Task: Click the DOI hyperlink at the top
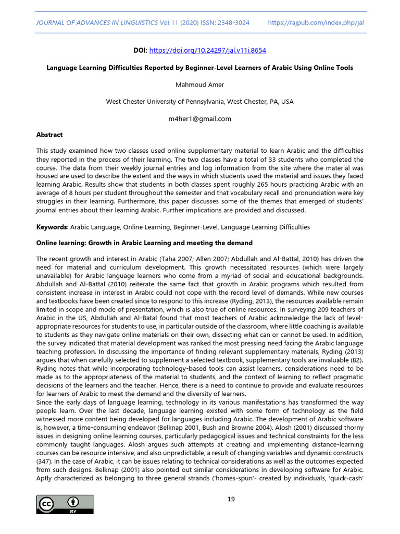(x=208, y=51)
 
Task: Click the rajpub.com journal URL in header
(x=316, y=23)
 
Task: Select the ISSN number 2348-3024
(x=232, y=23)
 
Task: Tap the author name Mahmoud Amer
(x=199, y=84)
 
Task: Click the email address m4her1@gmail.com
(x=199, y=118)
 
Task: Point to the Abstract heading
(x=49, y=135)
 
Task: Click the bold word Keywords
(x=52, y=227)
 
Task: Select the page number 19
(x=231, y=499)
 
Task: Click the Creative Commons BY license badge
(x=65, y=505)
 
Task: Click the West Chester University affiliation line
(x=199, y=102)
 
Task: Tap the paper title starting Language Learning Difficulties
(x=199, y=68)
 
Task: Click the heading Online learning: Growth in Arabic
(x=144, y=243)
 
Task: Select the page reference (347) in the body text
(x=43, y=462)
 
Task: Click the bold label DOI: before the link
(x=141, y=51)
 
